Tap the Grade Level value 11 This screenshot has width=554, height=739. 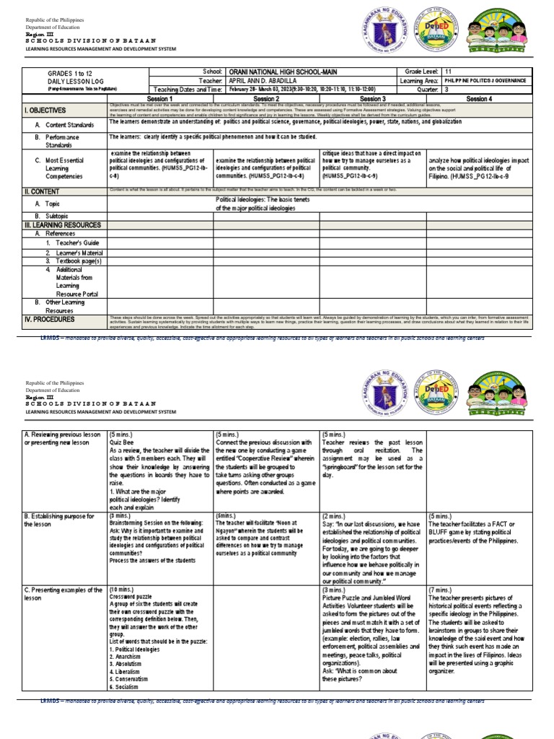click(449, 73)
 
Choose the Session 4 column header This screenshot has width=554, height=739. click(479, 98)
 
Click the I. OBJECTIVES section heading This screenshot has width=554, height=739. click(45, 110)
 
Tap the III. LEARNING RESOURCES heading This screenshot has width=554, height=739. click(63, 225)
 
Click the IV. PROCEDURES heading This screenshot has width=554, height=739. click(48, 319)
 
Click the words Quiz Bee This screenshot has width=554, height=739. click(123, 442)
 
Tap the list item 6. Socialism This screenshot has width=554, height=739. click(128, 687)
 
